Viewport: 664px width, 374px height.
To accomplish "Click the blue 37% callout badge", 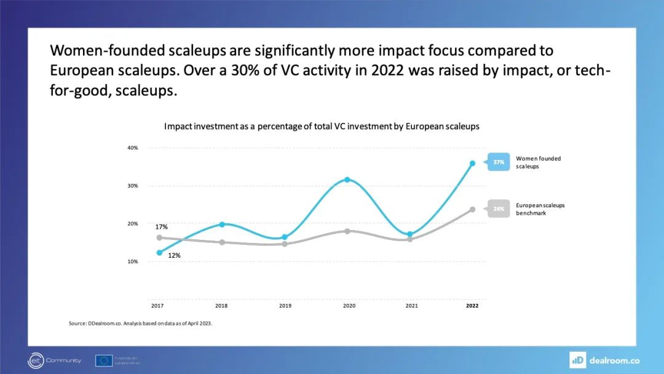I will pos(498,162).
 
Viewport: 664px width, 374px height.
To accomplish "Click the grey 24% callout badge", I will pos(498,209).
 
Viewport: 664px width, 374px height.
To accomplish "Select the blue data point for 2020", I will pos(347,180).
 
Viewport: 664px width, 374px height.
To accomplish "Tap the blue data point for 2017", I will pos(159,253).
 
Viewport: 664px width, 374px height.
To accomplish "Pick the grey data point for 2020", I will pos(347,231).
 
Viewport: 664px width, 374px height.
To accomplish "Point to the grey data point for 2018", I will pos(222,242).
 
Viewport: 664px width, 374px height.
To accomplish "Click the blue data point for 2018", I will pos(222,225).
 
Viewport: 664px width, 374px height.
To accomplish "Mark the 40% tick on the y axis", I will pos(133,148).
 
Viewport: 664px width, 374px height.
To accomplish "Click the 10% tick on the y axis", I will pos(133,261).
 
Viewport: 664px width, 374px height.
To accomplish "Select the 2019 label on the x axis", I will pos(285,305).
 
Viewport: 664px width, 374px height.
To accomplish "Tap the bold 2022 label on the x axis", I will pos(472,305).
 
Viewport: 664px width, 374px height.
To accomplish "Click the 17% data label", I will pos(161,227).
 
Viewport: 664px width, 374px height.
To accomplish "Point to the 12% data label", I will pos(174,255).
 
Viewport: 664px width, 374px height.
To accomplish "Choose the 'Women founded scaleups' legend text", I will pos(538,162).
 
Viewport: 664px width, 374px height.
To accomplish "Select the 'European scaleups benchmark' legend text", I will pos(540,209).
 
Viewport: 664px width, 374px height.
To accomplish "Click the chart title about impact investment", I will pos(322,126).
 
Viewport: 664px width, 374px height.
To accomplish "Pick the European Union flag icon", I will pos(103,360).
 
